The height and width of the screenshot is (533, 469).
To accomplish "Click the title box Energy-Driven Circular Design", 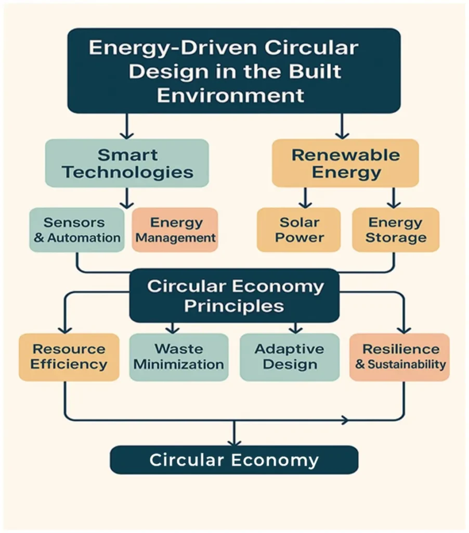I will pyautogui.click(x=234, y=70).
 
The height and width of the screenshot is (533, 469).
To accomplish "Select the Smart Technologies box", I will pyautogui.click(x=127, y=163).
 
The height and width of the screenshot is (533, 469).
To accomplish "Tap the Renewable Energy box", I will pyautogui.click(x=345, y=163).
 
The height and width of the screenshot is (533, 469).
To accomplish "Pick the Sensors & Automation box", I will pyautogui.click(x=76, y=230).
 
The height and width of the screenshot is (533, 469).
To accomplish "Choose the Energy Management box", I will pyautogui.click(x=175, y=230).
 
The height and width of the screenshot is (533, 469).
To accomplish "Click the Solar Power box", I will pyautogui.click(x=298, y=230).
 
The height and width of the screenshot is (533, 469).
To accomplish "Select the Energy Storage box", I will pyautogui.click(x=396, y=230).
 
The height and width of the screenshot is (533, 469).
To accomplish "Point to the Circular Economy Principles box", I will pyautogui.click(x=234, y=296).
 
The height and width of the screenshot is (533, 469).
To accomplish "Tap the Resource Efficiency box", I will pyautogui.click(x=69, y=357).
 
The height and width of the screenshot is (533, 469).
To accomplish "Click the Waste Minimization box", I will pyautogui.click(x=179, y=357).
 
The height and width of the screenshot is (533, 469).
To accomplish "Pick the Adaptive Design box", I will pyautogui.click(x=290, y=357).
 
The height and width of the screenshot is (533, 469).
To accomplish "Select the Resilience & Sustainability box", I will pyautogui.click(x=399, y=357).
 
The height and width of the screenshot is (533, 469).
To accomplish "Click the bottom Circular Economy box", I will pyautogui.click(x=234, y=460).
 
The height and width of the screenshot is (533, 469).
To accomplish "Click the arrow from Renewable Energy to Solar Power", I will pyautogui.click(x=305, y=198).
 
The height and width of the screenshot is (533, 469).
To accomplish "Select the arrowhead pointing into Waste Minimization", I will pyautogui.click(x=173, y=329).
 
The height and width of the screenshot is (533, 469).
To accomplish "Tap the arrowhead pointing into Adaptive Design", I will pyautogui.click(x=295, y=329).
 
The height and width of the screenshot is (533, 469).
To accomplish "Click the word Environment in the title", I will pyautogui.click(x=230, y=96).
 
